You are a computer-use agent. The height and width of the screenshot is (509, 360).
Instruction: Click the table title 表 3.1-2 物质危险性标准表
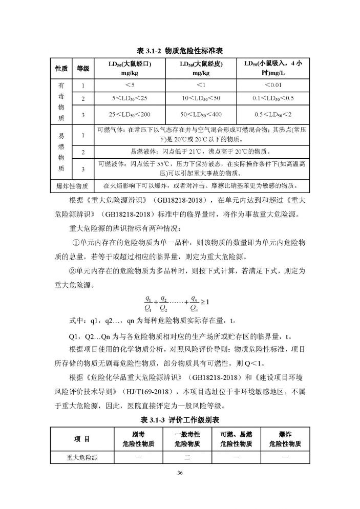click(180, 51)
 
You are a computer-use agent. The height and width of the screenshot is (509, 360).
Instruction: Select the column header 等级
click(83, 69)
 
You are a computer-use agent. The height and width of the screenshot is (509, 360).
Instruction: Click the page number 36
click(180, 472)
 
